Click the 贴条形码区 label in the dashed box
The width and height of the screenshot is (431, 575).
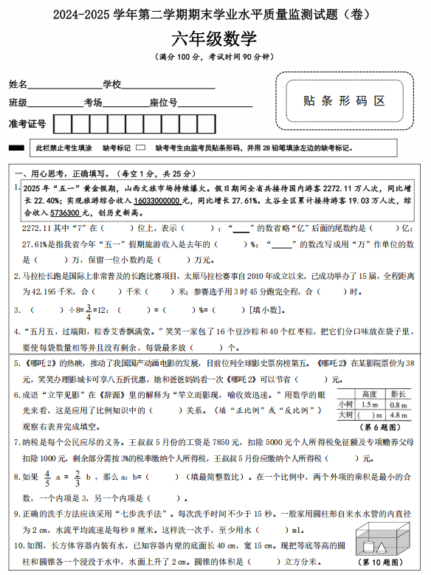[345, 101]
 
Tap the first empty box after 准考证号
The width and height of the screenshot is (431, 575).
[63, 123]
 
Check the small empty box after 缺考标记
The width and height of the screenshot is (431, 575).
[141, 148]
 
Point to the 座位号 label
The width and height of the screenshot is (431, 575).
[163, 103]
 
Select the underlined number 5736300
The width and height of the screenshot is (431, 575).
[66, 213]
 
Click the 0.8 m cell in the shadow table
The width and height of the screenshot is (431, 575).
[399, 404]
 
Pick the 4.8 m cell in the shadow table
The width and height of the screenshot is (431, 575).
[399, 415]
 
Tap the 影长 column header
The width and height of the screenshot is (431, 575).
[399, 394]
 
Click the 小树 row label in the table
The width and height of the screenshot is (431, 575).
[345, 404]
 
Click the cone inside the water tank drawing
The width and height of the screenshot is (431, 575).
[381, 548]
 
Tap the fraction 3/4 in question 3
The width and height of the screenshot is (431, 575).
[87, 311]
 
